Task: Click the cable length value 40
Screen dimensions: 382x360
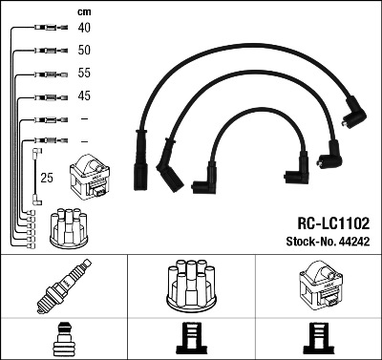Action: click(84, 28)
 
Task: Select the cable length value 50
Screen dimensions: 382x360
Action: click(84, 51)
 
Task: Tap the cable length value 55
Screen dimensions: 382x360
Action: click(84, 73)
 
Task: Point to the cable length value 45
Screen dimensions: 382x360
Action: click(84, 95)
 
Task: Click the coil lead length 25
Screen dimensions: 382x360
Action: click(47, 178)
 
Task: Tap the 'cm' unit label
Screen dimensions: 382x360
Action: click(84, 12)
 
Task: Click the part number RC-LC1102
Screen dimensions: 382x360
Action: click(333, 223)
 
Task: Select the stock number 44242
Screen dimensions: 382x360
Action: click(354, 242)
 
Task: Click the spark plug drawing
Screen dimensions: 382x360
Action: click(64, 286)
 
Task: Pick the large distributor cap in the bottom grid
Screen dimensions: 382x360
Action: click(191, 286)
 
